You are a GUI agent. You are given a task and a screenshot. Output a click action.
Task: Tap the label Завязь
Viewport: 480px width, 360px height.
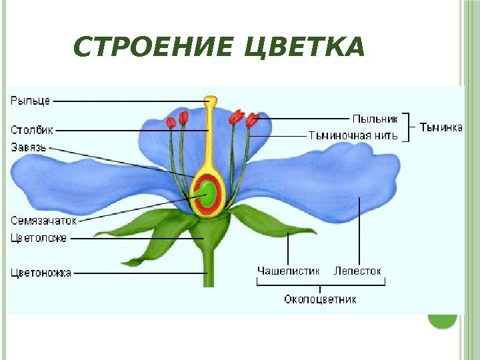coord(29,147)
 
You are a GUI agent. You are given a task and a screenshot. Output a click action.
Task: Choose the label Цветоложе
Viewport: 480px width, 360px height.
coord(39,237)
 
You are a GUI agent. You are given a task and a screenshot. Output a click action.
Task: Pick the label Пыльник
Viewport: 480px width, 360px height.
coord(375,119)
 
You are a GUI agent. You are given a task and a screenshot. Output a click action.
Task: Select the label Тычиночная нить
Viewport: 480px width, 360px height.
coord(353,135)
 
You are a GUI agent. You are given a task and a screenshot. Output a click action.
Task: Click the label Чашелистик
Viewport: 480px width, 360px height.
coord(289,271)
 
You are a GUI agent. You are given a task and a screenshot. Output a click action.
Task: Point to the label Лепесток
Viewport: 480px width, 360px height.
coord(357,271)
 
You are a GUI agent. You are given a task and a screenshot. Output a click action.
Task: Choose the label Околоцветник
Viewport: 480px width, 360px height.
coord(320,299)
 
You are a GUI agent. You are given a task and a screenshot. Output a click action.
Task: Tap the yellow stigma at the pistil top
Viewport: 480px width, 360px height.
coord(210,102)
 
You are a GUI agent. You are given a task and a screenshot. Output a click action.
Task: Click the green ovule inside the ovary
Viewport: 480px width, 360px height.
coord(209,194)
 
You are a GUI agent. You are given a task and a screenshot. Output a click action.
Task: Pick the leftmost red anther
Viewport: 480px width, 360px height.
coord(171,122)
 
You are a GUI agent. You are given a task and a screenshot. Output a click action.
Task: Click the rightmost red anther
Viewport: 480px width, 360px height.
coord(252,121)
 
